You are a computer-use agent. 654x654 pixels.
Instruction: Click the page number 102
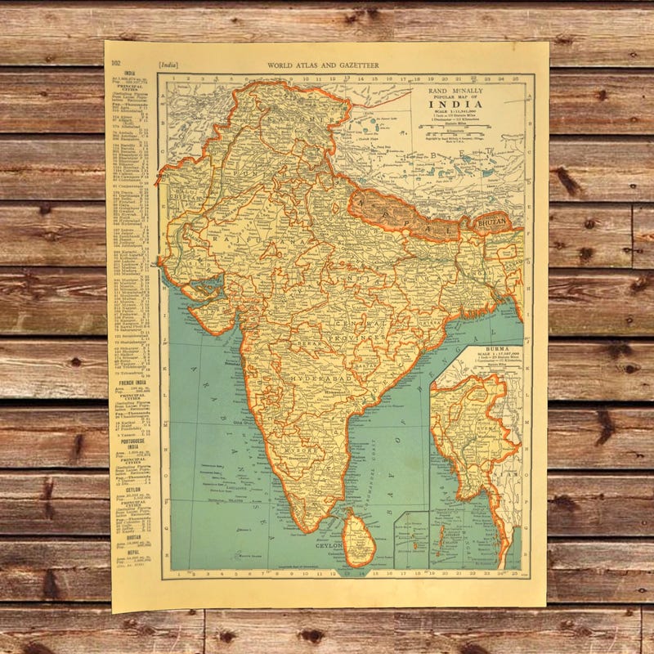116,63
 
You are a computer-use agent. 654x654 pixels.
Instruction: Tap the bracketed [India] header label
168,64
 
